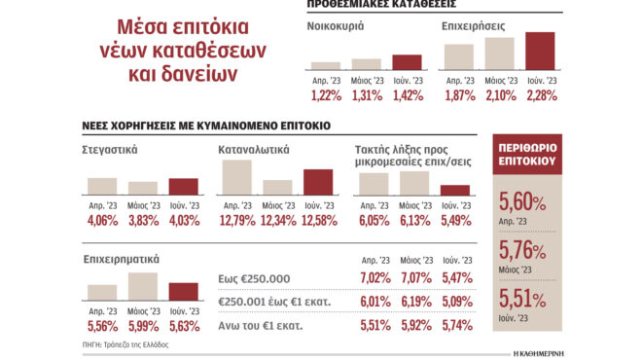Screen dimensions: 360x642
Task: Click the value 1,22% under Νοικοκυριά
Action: click(326, 94)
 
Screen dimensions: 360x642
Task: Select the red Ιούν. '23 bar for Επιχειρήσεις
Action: click(540, 52)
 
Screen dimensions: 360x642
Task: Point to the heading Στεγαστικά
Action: click(110, 151)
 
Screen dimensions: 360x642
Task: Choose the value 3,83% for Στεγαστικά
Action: click(143, 220)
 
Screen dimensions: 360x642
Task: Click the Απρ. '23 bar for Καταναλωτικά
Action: click(237, 178)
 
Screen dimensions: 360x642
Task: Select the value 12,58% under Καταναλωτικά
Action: click(318, 220)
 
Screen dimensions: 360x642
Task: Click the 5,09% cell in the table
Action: click(455, 302)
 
